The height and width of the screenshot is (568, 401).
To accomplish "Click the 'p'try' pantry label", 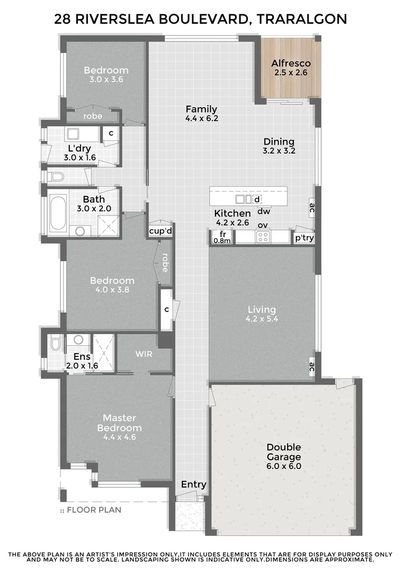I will (304, 237).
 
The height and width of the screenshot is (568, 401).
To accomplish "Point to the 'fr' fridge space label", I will (222, 234).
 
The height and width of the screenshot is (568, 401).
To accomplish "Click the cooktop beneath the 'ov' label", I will (263, 237).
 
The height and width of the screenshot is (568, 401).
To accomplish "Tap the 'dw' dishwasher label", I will (263, 211).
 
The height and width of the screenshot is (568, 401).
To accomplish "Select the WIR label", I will (144, 354).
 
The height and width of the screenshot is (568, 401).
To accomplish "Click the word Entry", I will (194, 484).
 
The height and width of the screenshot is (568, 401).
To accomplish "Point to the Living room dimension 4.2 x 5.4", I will (261, 319).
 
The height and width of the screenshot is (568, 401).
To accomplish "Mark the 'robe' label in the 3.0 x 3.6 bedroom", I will (93, 116).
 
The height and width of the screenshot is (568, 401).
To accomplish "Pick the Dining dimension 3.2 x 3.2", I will (279, 150).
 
